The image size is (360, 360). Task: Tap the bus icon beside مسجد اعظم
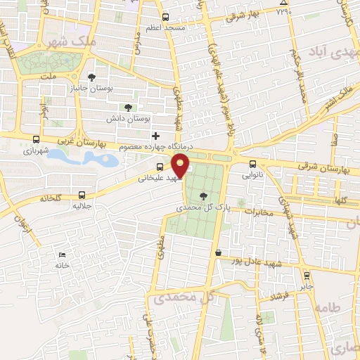(x=165, y=17)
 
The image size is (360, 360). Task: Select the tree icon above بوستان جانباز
(x=91, y=77)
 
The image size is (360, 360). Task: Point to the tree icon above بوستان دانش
(x=127, y=107)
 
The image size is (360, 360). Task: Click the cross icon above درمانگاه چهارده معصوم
(x=155, y=135)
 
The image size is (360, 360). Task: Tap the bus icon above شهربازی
(x=36, y=139)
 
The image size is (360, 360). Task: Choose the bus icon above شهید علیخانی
(x=160, y=167)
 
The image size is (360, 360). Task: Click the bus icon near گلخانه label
(x=82, y=195)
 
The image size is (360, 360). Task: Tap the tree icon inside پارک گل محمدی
(x=204, y=197)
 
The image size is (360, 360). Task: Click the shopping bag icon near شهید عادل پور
(x=219, y=252)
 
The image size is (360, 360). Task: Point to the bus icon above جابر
(x=305, y=275)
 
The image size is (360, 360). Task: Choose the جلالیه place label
(x=83, y=207)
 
